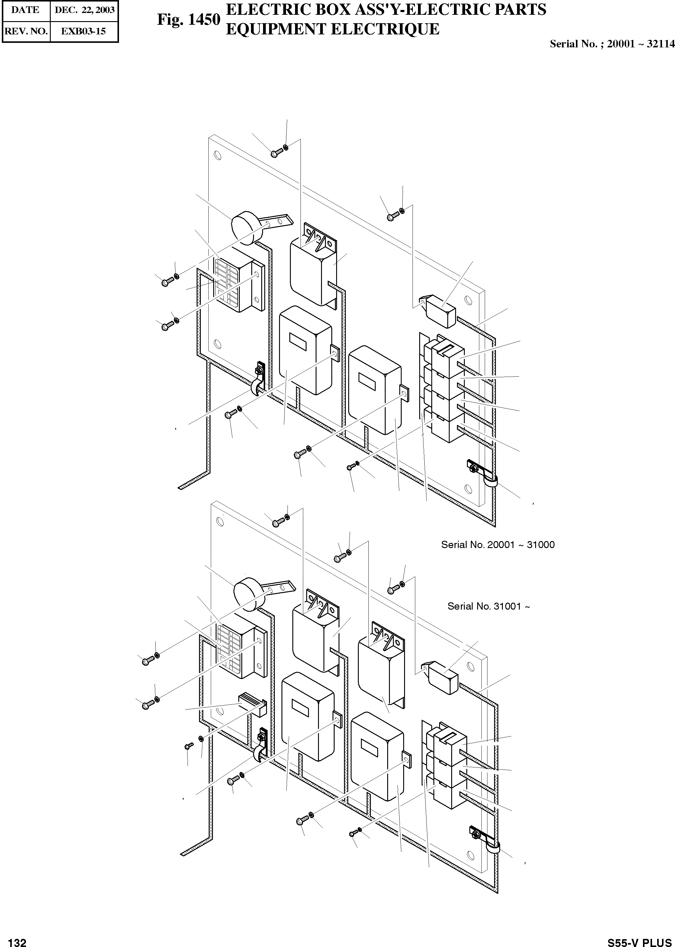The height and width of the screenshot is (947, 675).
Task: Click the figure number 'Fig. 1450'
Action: coord(188,20)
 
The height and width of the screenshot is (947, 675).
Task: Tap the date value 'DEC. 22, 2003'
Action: coord(84,10)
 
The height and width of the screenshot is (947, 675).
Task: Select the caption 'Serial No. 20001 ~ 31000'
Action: coord(497,544)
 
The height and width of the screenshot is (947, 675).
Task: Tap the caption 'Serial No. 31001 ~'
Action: coord(488,606)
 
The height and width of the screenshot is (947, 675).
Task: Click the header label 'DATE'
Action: coord(25,10)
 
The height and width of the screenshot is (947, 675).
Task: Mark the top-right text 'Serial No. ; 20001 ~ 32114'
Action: coord(612,44)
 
